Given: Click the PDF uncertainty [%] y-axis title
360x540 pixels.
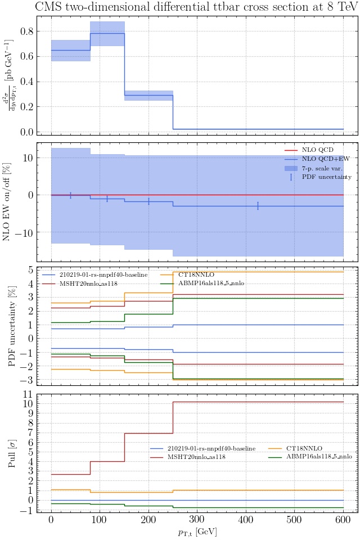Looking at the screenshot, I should (12, 326).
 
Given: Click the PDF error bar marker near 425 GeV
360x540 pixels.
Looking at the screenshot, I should (258, 206).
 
